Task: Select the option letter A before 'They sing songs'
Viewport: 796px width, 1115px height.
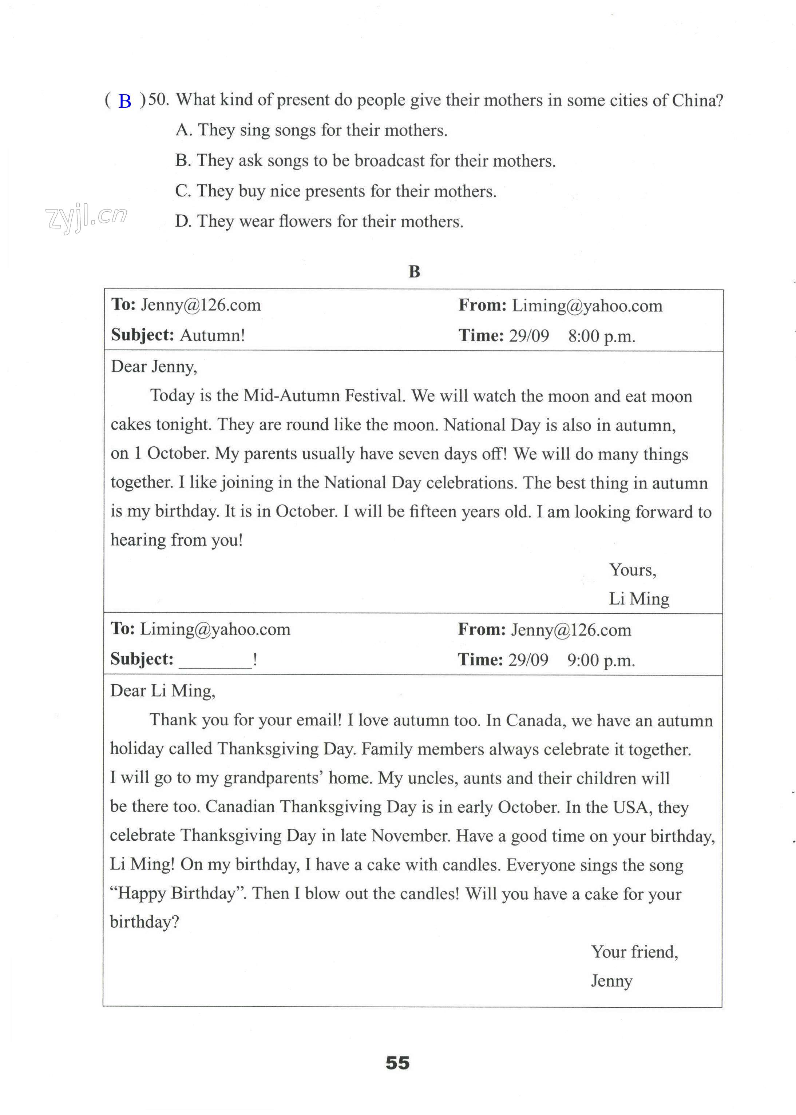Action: (182, 130)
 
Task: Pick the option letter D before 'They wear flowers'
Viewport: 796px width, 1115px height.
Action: (182, 222)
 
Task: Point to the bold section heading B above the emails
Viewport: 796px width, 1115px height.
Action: (414, 271)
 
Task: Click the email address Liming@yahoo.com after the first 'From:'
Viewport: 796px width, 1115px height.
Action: (587, 306)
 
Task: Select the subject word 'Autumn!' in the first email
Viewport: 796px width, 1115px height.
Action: (212, 335)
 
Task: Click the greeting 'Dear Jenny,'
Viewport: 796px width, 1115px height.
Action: (154, 366)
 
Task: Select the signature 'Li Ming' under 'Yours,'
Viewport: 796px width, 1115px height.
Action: (639, 599)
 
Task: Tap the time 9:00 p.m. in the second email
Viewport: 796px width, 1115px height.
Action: (601, 660)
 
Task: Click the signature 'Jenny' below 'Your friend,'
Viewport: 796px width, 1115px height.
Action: (611, 981)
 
